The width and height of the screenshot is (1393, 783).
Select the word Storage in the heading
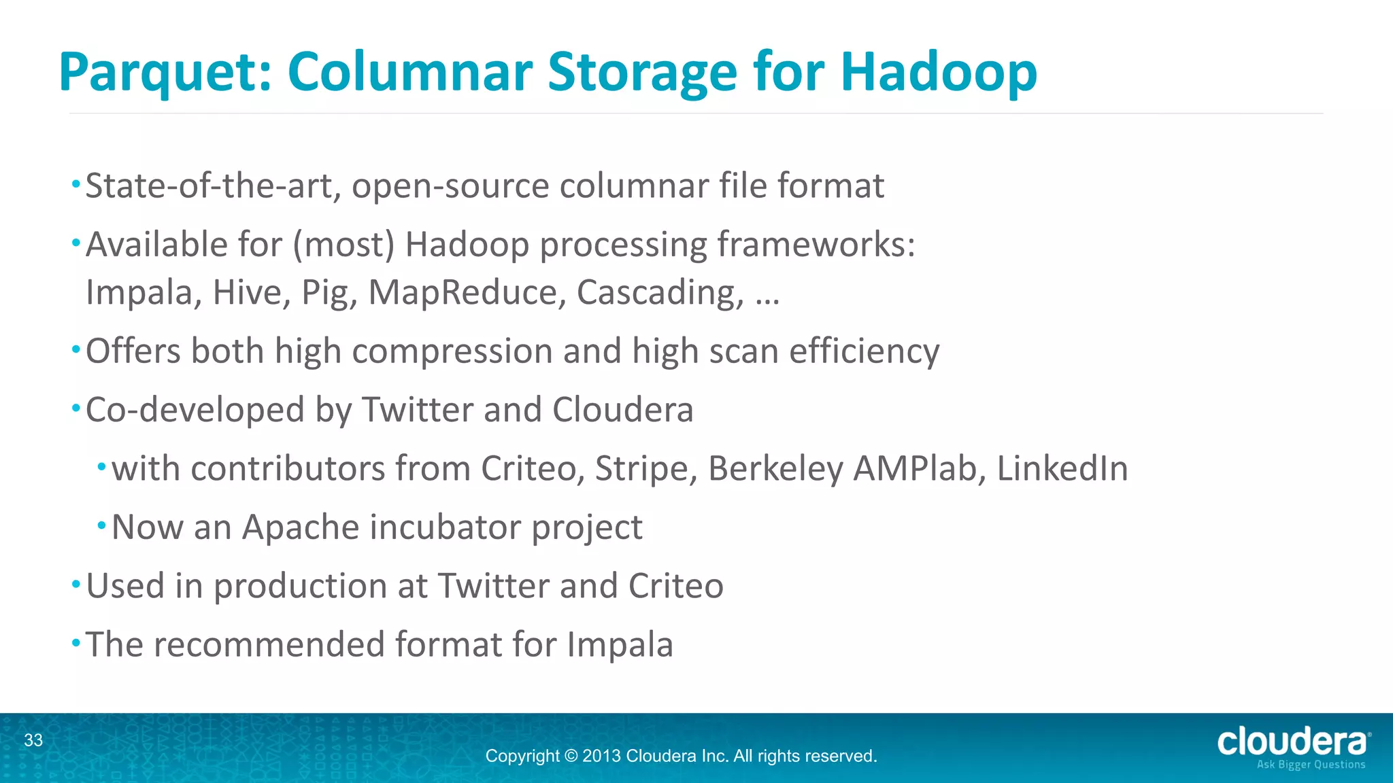tap(642, 73)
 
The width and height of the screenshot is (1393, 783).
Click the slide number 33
tap(33, 740)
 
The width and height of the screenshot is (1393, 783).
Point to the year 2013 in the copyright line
tap(601, 756)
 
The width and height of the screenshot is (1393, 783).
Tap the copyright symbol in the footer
tap(571, 756)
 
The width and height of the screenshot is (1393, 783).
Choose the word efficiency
tap(864, 352)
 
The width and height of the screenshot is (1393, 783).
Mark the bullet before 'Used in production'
tap(76, 584)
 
